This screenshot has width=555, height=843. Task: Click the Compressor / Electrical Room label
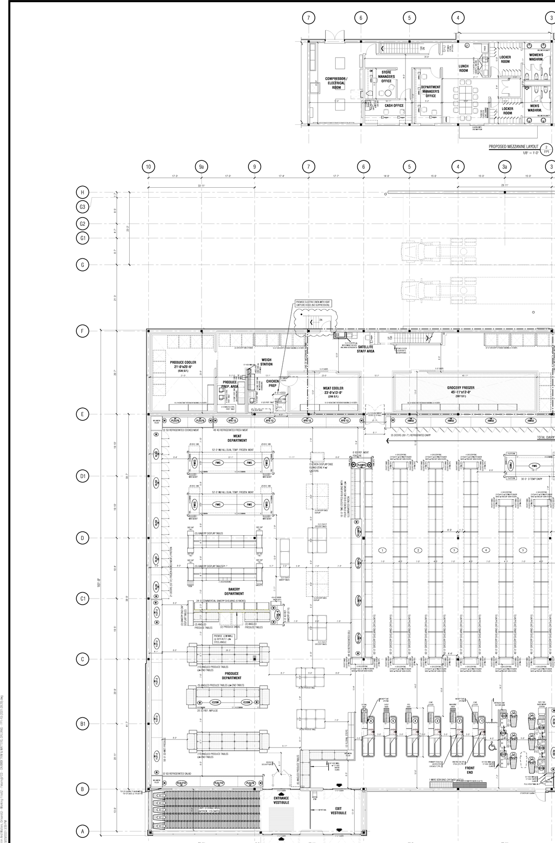336,83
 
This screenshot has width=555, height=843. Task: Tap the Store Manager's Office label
386,77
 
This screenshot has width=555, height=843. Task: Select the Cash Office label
394,105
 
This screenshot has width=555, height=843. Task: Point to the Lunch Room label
464,68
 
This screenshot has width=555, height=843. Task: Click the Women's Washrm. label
536,57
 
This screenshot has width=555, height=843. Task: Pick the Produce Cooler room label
183,365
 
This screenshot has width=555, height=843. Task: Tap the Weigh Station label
266,362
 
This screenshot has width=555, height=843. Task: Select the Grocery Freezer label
460,390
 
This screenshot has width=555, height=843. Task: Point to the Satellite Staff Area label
366,349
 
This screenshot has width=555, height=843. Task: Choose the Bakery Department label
234,592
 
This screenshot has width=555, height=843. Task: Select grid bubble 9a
201,166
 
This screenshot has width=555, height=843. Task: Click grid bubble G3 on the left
82,207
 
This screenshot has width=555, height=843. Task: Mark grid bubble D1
82,476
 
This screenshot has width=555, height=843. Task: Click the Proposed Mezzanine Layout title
513,147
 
